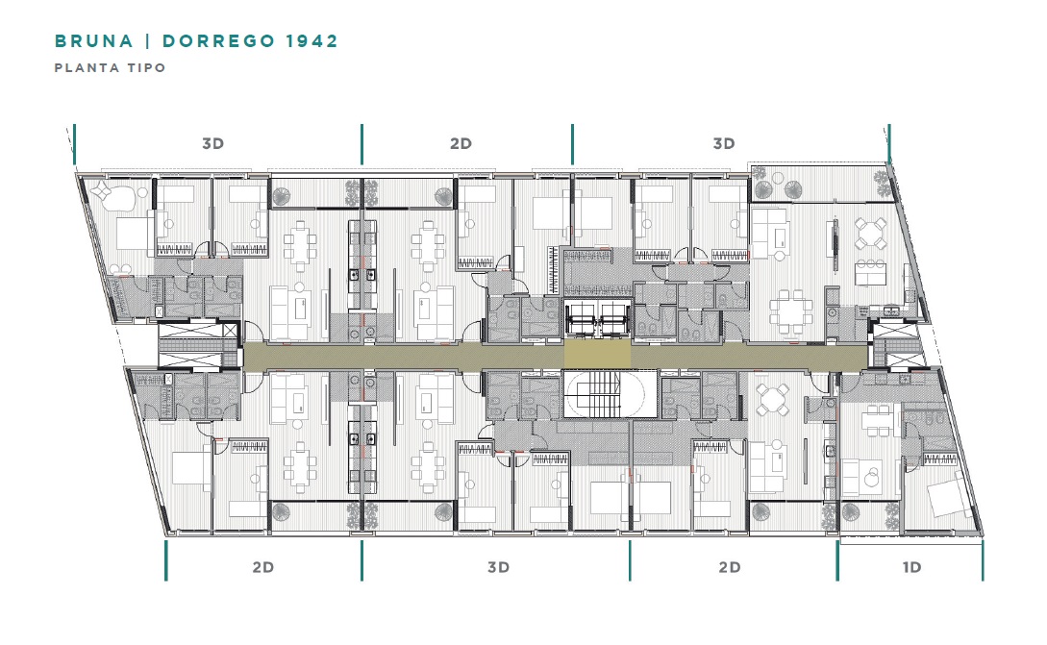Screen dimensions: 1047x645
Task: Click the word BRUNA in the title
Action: tap(93, 40)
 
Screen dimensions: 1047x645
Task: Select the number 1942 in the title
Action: tap(312, 40)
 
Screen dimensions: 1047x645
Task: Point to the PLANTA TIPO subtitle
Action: tap(111, 67)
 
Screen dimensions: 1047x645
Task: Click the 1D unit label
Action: tap(911, 567)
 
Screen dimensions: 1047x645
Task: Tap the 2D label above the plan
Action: tap(461, 143)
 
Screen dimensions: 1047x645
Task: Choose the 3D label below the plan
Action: tap(498, 567)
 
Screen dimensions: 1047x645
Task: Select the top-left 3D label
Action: tap(213, 143)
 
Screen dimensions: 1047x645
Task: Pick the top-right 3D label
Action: tap(724, 143)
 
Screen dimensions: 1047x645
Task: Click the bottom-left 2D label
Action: tap(263, 567)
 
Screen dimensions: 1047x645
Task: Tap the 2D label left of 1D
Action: tap(729, 567)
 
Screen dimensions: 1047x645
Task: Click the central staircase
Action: tap(608, 395)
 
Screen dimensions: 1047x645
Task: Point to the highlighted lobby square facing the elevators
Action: tap(598, 354)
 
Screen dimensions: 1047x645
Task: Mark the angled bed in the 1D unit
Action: tap(948, 495)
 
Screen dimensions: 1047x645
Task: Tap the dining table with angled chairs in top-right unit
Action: tap(871, 234)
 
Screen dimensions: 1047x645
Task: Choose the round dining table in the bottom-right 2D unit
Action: tap(773, 400)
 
